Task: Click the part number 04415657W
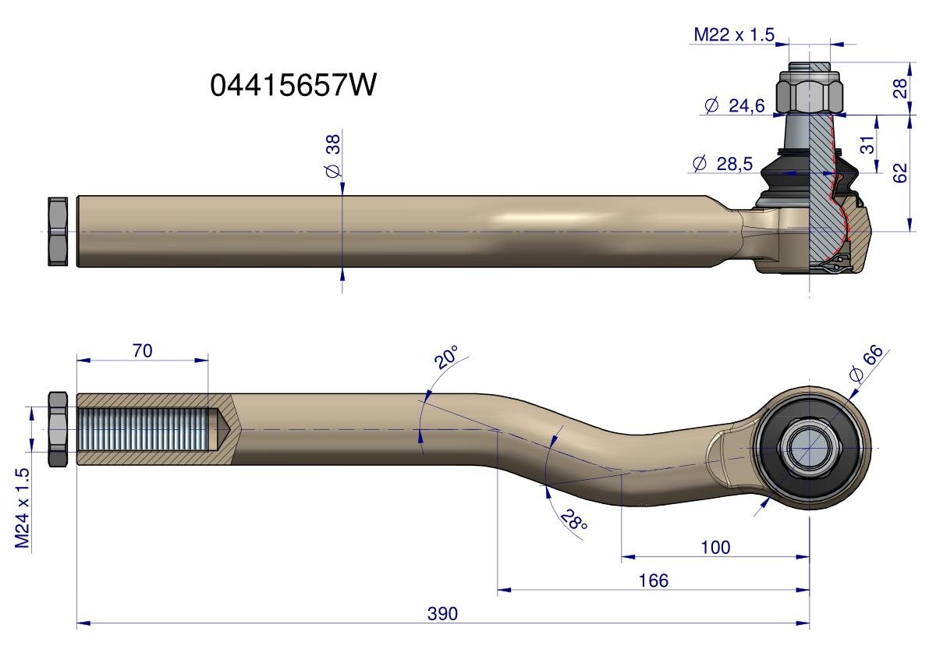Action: pos(293,85)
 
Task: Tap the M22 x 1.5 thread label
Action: pos(734,35)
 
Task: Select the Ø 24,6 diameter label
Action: pos(735,106)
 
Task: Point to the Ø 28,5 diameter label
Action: pos(722,164)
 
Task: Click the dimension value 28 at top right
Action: pos(900,88)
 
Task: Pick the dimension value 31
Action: pos(867,144)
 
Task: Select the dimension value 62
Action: pos(900,173)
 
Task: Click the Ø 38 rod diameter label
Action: pos(334,156)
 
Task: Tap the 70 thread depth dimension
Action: pos(142,350)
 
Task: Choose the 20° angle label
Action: pos(446,357)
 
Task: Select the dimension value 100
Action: pos(715,547)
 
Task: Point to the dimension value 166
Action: pos(653,580)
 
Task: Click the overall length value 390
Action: pos(442,613)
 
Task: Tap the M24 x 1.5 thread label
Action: pos(23,508)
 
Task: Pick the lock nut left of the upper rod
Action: pos(58,232)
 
